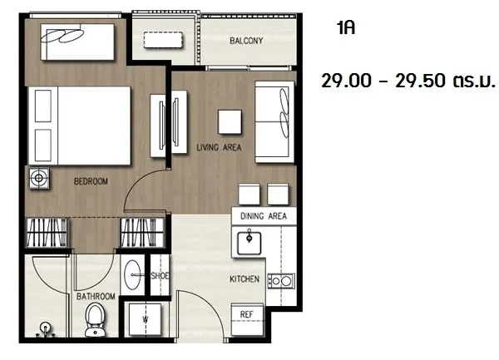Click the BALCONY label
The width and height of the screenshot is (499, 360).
246,41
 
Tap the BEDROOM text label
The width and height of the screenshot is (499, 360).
91,181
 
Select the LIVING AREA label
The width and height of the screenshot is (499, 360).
219,147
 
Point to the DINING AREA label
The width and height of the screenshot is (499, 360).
264,216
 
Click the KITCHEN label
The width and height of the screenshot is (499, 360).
245,279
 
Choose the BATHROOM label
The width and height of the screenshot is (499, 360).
96,296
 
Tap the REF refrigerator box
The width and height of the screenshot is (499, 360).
247,319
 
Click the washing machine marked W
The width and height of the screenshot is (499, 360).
145,319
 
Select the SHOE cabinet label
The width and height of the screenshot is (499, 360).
160,276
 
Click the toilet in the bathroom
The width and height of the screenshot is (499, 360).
95,319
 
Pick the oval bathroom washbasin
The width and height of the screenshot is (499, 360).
133,275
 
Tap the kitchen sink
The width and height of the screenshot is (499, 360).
249,243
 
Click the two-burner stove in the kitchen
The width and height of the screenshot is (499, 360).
281,281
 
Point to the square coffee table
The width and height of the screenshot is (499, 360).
230,122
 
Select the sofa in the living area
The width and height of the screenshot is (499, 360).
274,122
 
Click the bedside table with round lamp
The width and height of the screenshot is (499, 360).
39,178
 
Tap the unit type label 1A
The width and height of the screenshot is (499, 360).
346,28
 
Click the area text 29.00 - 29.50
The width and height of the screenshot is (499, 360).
385,81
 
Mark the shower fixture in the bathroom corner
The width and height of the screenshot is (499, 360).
46,330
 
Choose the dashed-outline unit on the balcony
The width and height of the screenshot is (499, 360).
163,40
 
